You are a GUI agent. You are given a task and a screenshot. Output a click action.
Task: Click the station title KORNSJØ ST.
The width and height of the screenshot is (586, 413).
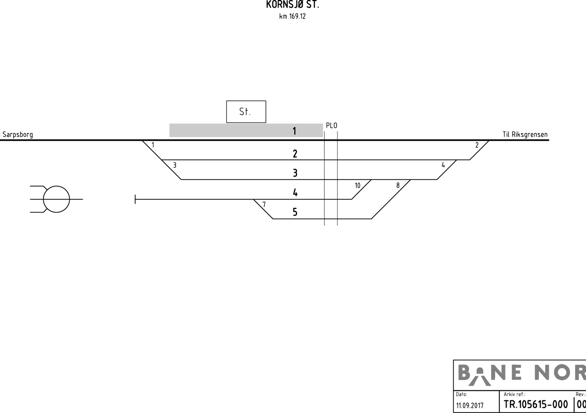point(293,4)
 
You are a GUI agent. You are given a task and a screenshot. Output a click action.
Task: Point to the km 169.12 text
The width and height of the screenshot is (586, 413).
point(293,16)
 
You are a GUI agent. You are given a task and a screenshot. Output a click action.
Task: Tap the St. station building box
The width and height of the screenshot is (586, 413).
point(246,112)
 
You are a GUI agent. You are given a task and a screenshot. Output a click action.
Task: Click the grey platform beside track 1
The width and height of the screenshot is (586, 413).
point(246,130)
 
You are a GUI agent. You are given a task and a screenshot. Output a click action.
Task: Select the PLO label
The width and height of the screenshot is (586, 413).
point(331,126)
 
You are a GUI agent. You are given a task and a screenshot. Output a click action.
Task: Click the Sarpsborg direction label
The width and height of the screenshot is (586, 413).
point(16,135)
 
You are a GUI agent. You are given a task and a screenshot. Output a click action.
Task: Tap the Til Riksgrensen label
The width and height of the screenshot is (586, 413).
point(525,134)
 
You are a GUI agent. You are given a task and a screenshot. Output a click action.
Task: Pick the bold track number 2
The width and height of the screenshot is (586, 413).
point(295,154)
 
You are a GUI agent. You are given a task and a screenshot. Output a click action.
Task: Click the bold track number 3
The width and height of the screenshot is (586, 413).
point(295,173)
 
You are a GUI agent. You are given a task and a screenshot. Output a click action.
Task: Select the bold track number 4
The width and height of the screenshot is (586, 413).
point(295,193)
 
